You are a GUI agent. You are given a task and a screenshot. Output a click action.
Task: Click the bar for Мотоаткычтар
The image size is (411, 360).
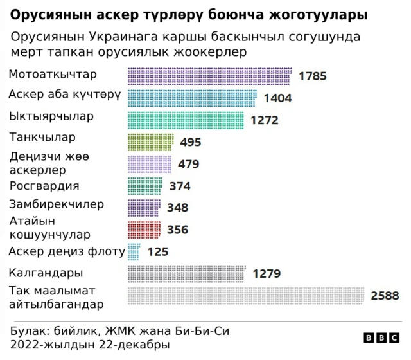[210, 76]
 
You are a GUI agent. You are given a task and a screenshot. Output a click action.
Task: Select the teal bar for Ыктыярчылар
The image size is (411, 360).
[186, 120]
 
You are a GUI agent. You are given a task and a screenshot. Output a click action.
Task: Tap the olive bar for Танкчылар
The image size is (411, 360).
[151, 142]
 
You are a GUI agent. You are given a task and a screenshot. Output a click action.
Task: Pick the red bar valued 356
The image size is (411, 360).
[144, 230]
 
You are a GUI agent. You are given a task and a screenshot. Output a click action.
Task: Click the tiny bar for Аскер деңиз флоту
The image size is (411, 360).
[134, 251]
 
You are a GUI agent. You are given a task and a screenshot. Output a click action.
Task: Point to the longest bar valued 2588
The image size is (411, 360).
[247, 295]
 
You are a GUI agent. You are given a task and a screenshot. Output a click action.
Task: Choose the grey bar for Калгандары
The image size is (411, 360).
[186, 273]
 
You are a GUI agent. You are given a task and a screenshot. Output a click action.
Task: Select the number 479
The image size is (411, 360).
[188, 164]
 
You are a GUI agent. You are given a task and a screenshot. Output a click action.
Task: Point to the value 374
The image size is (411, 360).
[180, 186]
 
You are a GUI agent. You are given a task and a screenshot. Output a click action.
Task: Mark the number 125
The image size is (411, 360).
[158, 251]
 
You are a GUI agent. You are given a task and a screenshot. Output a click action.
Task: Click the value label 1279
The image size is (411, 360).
[267, 273]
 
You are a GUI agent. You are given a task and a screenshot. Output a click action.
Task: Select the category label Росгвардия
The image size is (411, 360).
[45, 186]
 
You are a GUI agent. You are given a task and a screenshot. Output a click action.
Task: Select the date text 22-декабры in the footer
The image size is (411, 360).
[139, 345]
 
